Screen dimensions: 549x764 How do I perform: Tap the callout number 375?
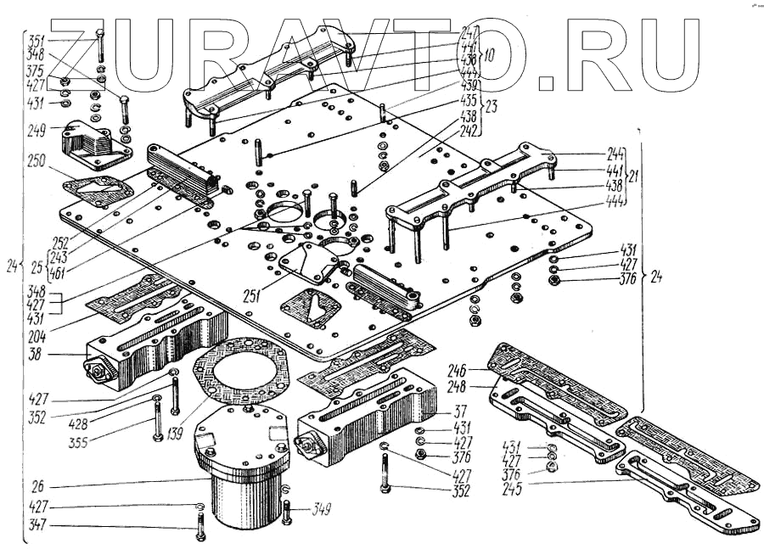tap(35, 70)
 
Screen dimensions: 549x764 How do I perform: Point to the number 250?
tap(36, 161)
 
